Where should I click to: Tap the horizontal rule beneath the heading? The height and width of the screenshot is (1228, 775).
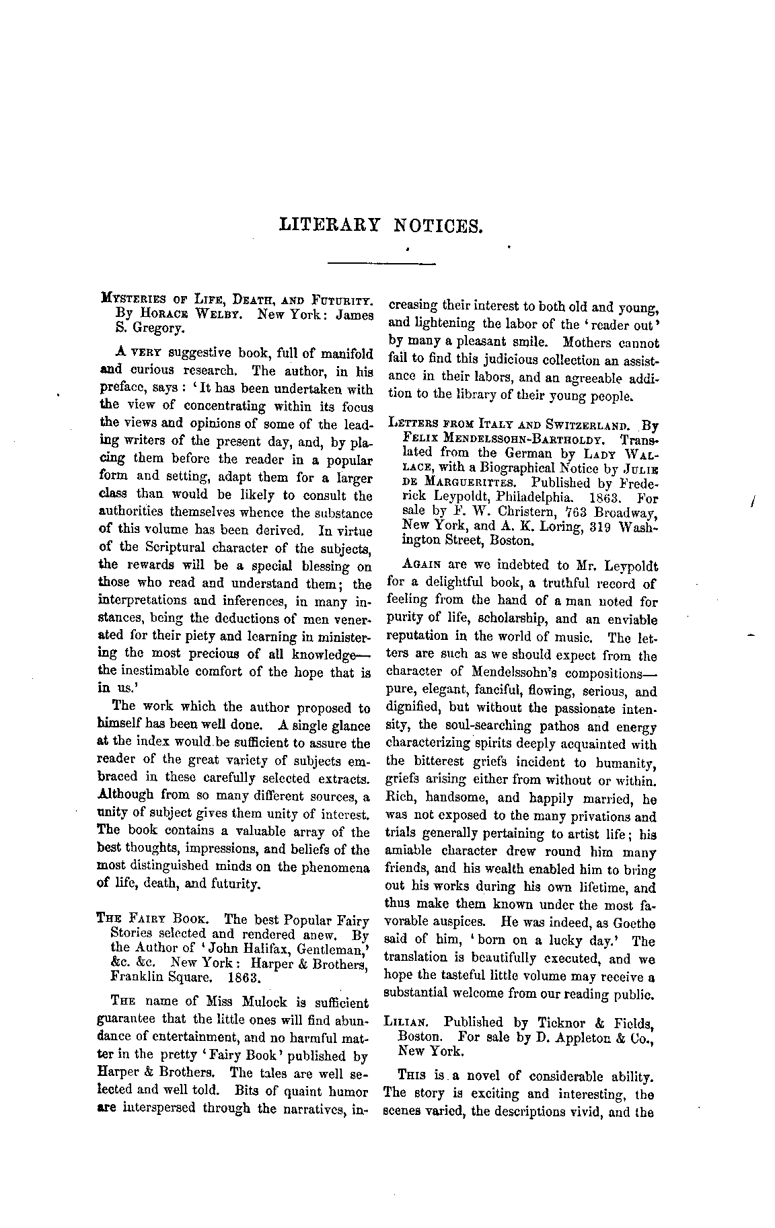click(x=381, y=262)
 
